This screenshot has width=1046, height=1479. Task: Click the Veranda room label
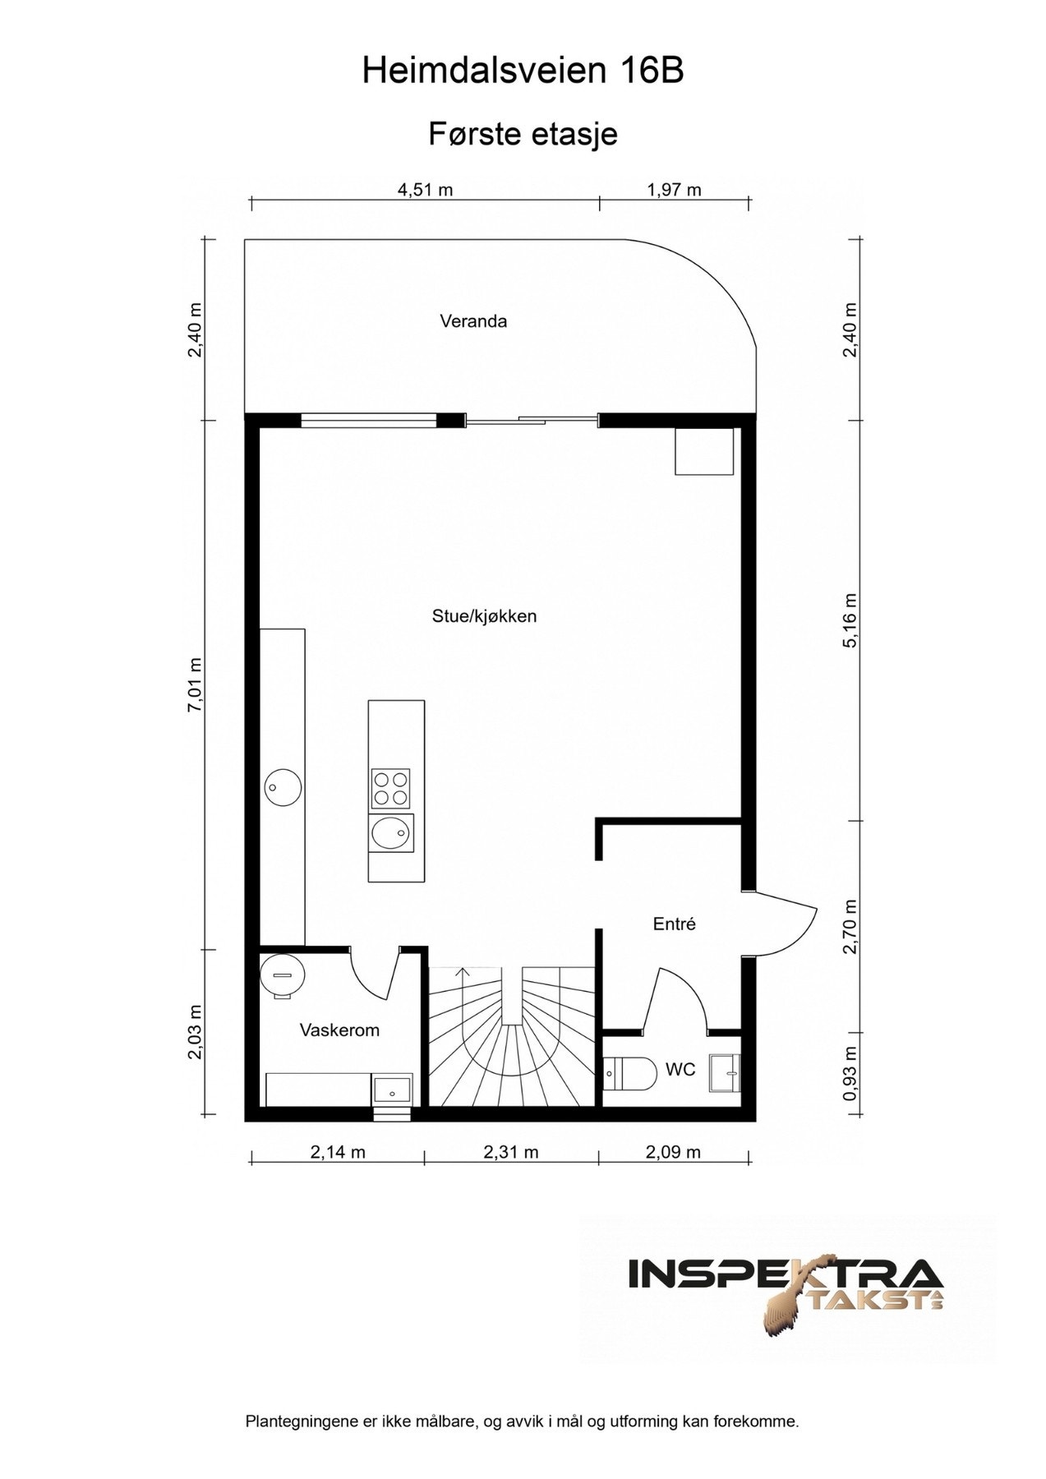point(473,321)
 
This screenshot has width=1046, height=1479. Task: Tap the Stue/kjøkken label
point(484,616)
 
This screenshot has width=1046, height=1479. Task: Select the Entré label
point(675,924)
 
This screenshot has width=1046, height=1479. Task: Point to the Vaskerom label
point(339,1030)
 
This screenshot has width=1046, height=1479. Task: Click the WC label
point(680,1070)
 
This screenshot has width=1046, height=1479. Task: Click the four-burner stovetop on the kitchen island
point(390,787)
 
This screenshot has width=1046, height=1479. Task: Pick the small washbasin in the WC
point(726,1073)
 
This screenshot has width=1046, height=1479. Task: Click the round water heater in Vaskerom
point(283,975)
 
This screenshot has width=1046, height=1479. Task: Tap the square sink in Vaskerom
point(393,1090)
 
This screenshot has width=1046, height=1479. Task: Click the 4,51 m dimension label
point(426,191)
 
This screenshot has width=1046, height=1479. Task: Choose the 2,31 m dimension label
point(511,1152)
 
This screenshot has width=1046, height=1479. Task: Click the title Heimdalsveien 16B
point(523,71)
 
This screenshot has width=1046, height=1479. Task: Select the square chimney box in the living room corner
point(704,451)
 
